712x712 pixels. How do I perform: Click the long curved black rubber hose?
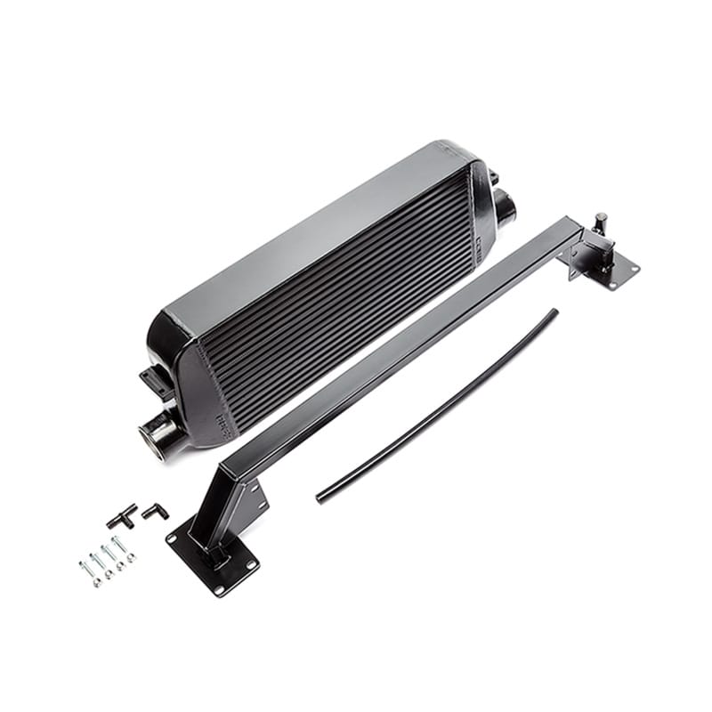(436, 405)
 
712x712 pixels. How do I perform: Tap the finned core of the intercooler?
(338, 303)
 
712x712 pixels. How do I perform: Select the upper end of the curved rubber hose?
(554, 312)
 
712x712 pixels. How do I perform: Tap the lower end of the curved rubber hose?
(320, 497)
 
